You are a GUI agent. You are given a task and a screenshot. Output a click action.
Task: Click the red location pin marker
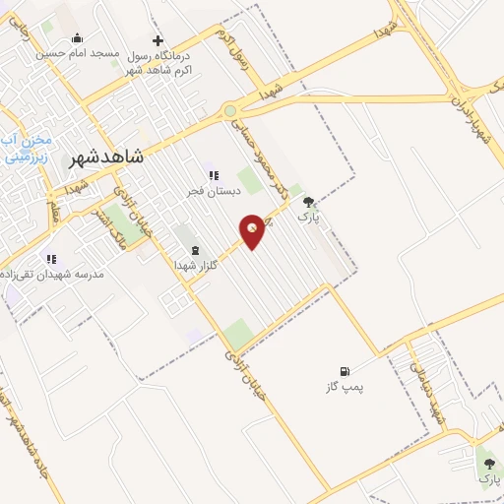click(x=253, y=229)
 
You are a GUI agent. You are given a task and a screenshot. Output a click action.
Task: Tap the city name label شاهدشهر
click(x=108, y=157)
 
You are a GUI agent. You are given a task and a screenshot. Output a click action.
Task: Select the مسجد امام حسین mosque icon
click(x=78, y=38)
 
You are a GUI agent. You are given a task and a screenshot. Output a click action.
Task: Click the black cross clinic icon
click(x=157, y=41)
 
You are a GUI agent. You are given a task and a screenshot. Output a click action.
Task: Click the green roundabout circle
click(x=230, y=111)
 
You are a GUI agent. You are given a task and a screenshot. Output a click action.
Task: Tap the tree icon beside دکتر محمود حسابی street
click(x=309, y=200)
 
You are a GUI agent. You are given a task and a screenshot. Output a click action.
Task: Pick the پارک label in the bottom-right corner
click(x=489, y=478)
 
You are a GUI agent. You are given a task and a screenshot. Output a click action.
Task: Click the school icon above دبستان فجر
click(x=213, y=175)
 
